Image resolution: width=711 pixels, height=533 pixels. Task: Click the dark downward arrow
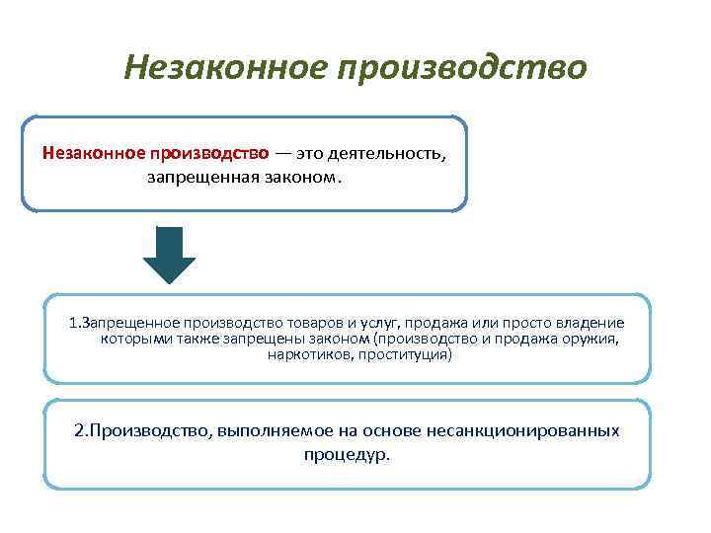tap(169, 255)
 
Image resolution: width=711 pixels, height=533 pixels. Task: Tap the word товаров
tap(315, 323)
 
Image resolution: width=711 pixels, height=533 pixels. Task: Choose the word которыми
tap(134, 338)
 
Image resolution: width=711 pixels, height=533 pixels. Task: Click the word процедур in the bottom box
tap(346, 456)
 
